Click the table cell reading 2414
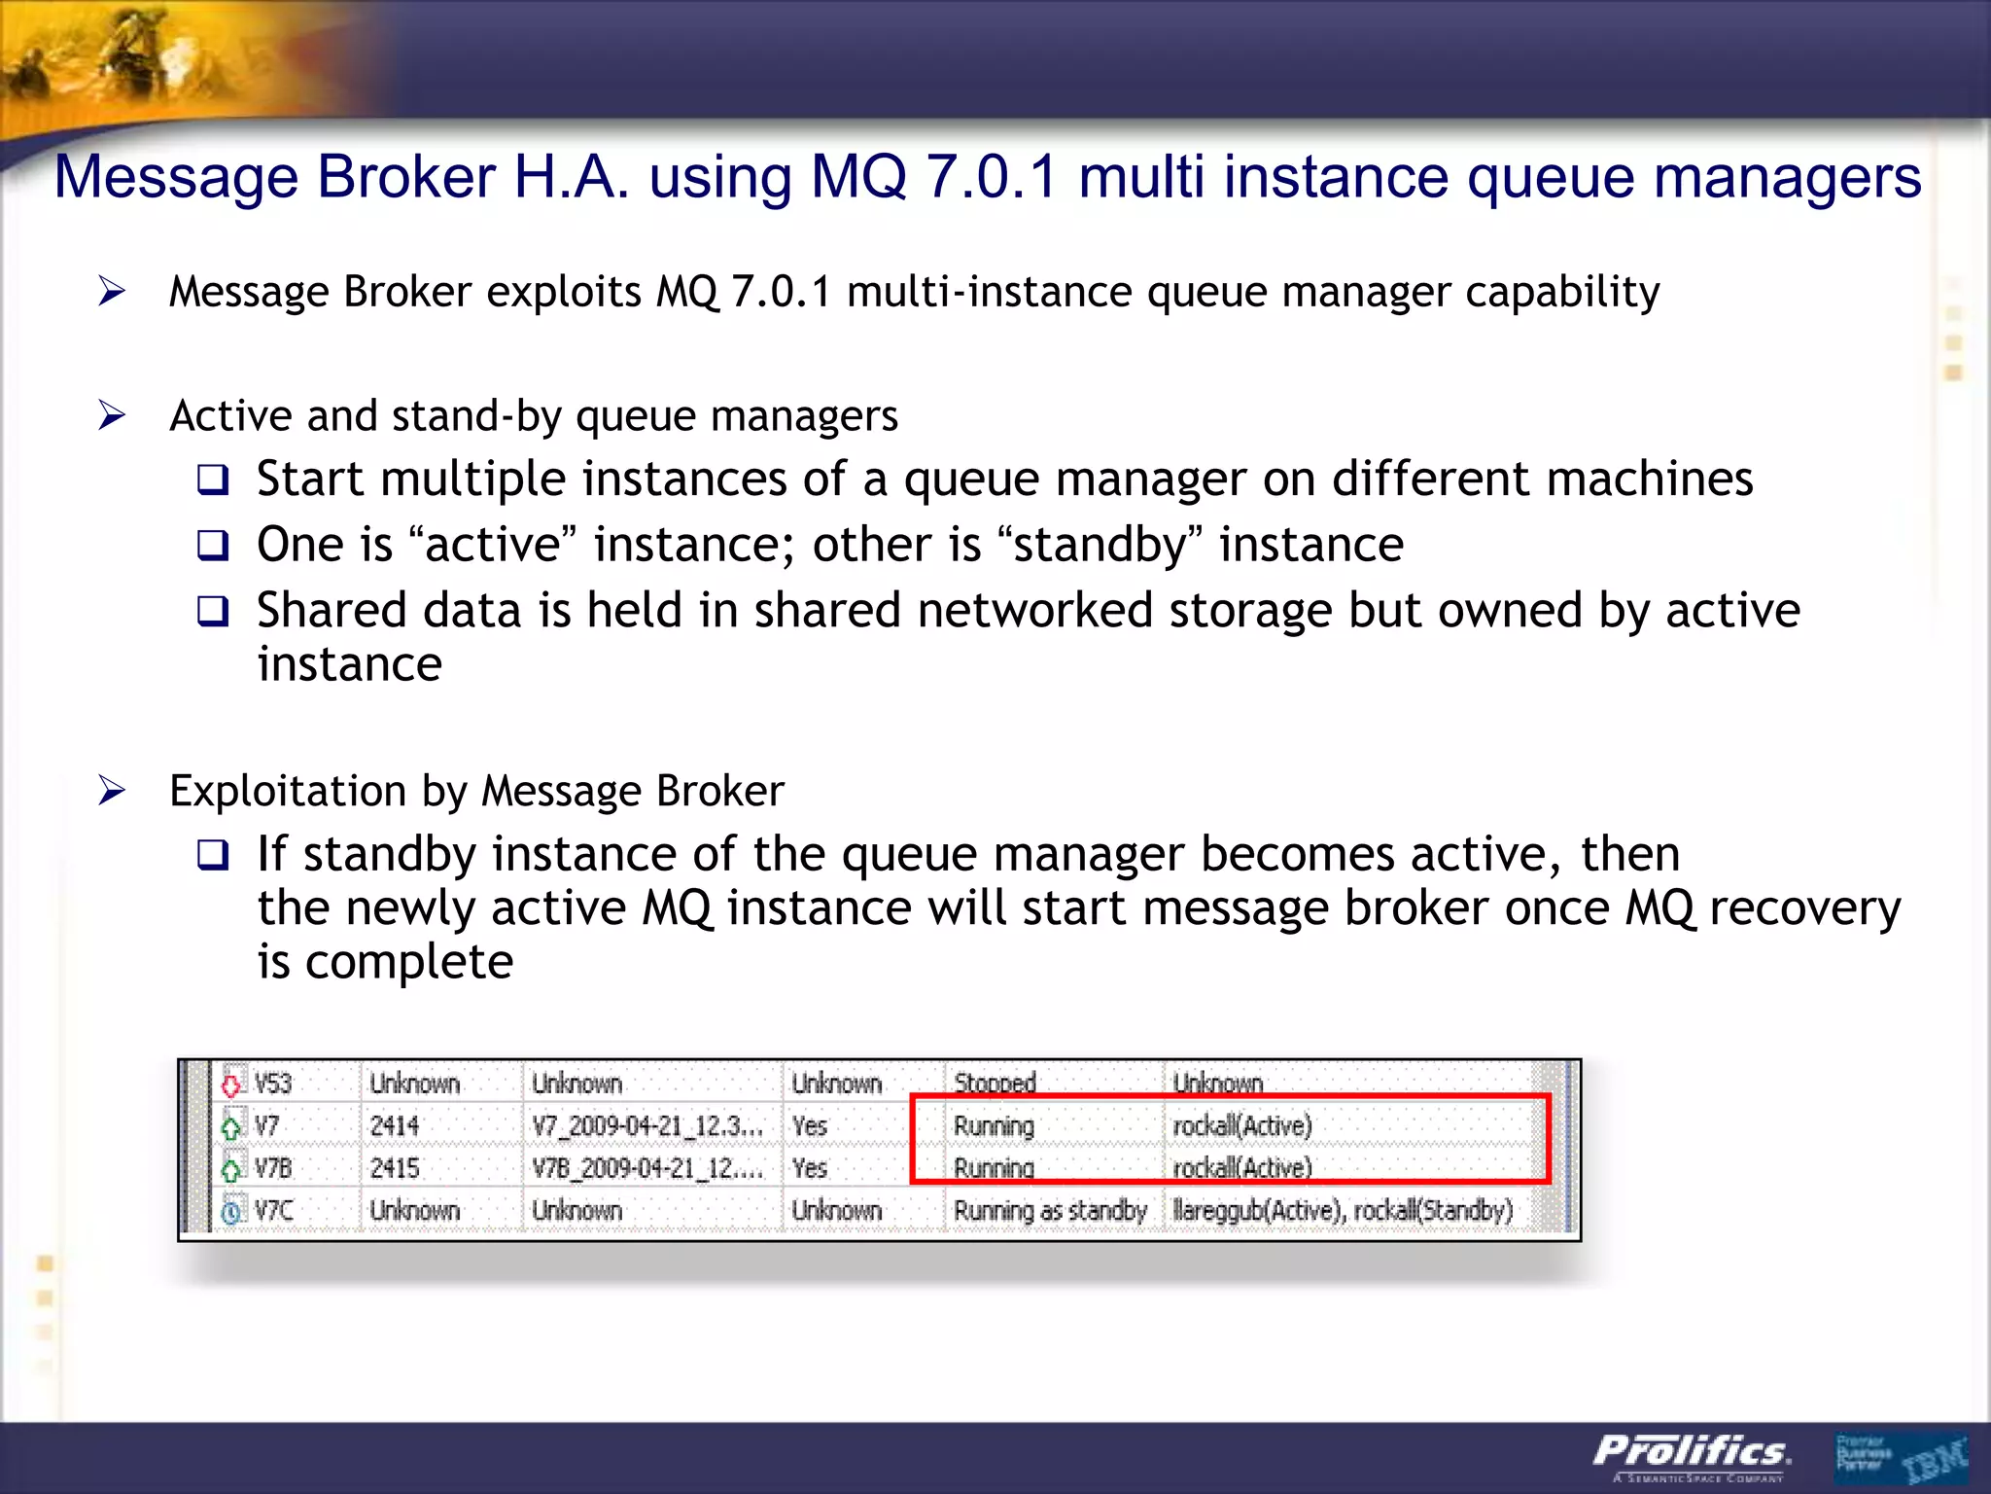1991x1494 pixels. click(395, 1126)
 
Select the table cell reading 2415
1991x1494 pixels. click(395, 1168)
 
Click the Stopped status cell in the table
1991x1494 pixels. click(995, 1084)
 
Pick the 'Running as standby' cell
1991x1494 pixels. click(1050, 1211)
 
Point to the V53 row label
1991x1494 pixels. click(272, 1084)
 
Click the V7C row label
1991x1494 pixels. click(273, 1211)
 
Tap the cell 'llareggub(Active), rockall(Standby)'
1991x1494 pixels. click(1343, 1211)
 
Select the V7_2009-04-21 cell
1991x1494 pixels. click(646, 1126)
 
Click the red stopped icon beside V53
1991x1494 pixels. click(231, 1084)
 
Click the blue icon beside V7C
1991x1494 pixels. click(231, 1212)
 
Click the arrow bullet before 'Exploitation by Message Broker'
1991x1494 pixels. click(113, 791)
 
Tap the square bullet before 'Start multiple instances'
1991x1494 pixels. click(213, 480)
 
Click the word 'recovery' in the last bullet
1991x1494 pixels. click(1804, 908)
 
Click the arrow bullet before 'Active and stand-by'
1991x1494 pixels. click(113, 416)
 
